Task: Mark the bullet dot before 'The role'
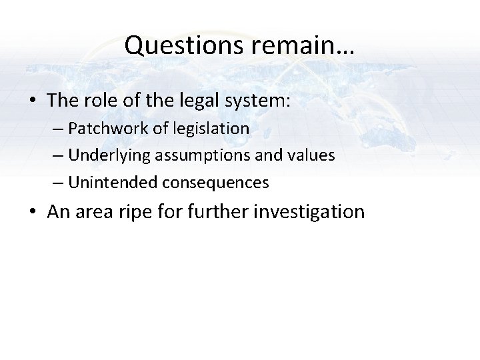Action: [x=33, y=101]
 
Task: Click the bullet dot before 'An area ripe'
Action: [x=33, y=213]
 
